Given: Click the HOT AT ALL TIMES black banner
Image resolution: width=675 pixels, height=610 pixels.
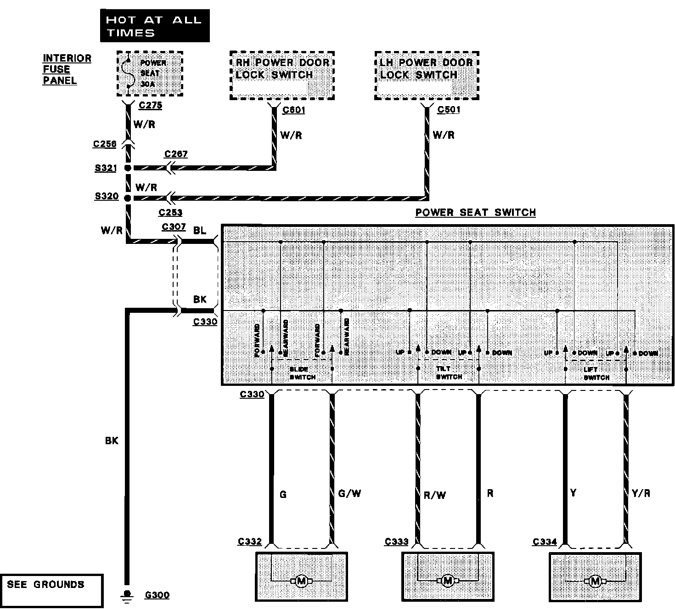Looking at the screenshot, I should tap(154, 26).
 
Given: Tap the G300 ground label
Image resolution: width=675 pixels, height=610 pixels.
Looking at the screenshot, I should tap(157, 595).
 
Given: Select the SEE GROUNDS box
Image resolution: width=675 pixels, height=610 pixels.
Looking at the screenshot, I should tap(51, 590).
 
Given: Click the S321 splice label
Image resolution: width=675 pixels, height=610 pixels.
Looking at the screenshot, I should tap(106, 169).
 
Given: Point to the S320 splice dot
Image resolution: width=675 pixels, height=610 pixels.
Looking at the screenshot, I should tap(128, 198).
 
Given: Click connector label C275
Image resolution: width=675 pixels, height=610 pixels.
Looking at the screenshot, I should tap(150, 105).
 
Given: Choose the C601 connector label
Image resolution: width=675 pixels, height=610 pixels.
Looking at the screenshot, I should tap(293, 110).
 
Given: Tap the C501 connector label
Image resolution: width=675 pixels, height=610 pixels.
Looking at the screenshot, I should tap(449, 110).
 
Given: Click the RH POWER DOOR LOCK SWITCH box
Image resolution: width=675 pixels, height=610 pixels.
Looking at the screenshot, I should tap(281, 75).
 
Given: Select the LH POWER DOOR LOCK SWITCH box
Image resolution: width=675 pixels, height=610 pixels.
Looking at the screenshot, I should tap(427, 75).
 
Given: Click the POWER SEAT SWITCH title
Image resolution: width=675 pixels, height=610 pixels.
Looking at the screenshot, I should tap(475, 213).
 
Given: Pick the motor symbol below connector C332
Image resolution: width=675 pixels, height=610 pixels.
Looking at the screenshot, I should tap(302, 582).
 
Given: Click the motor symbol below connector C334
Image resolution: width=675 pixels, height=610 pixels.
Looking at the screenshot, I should tap(595, 582).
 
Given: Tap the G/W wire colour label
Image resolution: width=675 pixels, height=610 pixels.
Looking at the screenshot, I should tap(349, 494).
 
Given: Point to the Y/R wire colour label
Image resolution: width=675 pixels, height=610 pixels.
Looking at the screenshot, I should tap(641, 494).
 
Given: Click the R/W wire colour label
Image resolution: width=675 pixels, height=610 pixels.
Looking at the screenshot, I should tap(434, 495).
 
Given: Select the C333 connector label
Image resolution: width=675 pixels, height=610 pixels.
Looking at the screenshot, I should tap(396, 542).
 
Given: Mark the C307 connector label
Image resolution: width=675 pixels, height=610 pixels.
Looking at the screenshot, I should tap(174, 227).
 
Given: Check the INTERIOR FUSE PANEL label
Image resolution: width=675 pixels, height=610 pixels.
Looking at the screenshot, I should tap(67, 69).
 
